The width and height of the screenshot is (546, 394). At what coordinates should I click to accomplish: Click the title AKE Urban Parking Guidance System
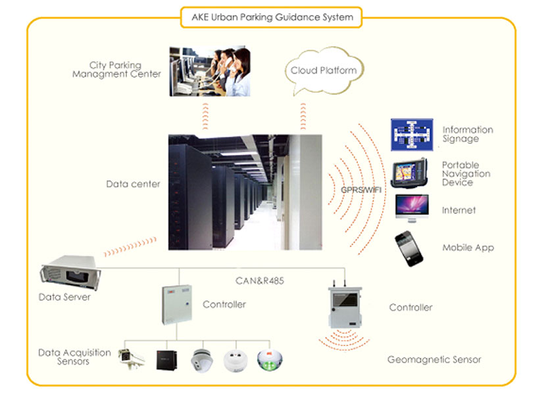272,18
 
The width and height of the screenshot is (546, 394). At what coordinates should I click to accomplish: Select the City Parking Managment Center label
125,70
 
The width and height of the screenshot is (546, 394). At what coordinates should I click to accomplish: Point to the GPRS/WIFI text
361,190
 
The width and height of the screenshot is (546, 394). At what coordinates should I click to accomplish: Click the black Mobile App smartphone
409,248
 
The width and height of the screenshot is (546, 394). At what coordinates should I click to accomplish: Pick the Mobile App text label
468,248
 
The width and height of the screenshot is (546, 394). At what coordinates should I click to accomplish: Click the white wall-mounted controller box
177,304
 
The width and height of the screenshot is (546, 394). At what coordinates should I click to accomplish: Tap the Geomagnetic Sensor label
434,359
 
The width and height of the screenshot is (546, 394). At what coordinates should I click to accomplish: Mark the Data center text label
133,185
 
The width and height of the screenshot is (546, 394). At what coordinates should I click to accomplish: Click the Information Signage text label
468,134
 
